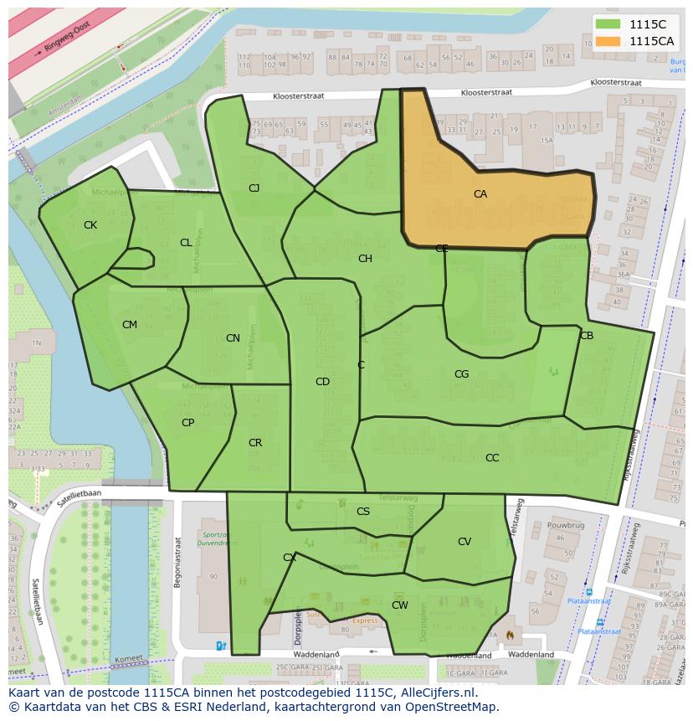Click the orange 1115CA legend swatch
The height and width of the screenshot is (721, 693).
pyautogui.click(x=610, y=41)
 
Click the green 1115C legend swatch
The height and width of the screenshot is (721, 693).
pyautogui.click(x=610, y=25)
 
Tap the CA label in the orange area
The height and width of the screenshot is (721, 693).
pyautogui.click(x=480, y=194)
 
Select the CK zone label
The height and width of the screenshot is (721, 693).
pyautogui.click(x=90, y=225)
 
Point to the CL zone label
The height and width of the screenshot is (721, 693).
pyautogui.click(x=186, y=243)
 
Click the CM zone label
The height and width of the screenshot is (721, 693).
pyautogui.click(x=130, y=325)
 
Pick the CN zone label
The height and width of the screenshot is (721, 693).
pyautogui.click(x=233, y=338)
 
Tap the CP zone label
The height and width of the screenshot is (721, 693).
pyautogui.click(x=187, y=423)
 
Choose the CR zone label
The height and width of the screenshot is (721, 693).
pyautogui.click(x=255, y=443)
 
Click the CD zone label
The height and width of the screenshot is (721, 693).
pyautogui.click(x=322, y=382)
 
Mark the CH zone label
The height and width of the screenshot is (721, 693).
pyautogui.click(x=365, y=259)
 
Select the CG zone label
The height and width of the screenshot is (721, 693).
pyautogui.click(x=461, y=374)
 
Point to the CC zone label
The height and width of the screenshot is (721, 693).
pyautogui.click(x=492, y=458)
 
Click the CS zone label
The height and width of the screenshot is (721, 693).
pyautogui.click(x=363, y=512)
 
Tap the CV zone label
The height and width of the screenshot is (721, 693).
pyautogui.click(x=465, y=542)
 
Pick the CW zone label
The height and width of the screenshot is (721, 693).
pyautogui.click(x=400, y=605)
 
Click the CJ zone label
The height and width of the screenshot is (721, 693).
pyautogui.click(x=254, y=188)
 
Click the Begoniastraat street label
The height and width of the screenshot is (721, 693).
pyautogui.click(x=177, y=563)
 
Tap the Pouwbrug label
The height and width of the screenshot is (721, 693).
pyautogui.click(x=565, y=525)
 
